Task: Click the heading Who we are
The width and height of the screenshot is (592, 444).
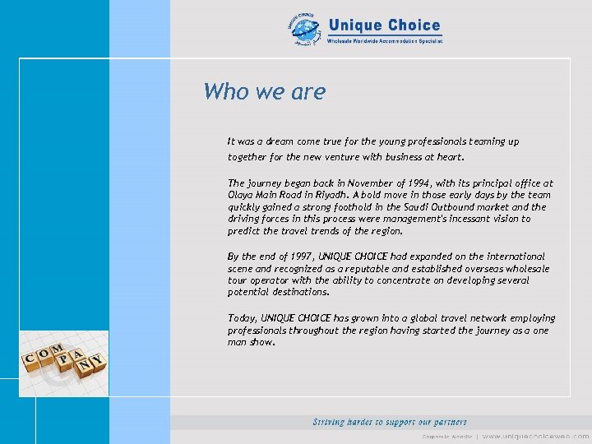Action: click(264, 91)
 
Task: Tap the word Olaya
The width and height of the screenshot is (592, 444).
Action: click(241, 196)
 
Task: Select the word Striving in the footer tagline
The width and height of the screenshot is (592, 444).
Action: click(332, 422)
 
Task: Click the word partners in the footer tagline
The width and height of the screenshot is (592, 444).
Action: click(446, 422)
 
